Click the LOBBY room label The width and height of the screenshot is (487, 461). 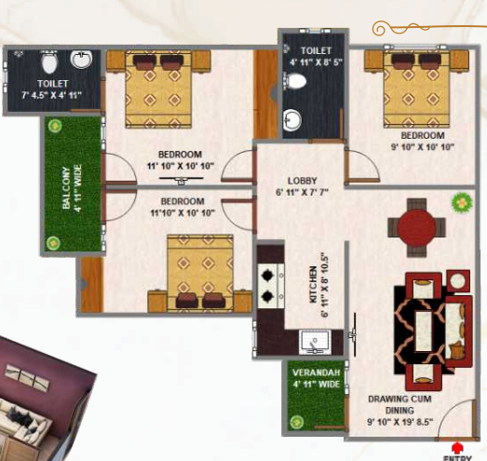point(302,181)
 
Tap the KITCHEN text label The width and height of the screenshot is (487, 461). point(314,284)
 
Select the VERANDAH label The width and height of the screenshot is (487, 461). point(316,373)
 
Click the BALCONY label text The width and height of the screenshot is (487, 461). point(66,188)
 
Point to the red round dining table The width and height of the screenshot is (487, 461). point(416,227)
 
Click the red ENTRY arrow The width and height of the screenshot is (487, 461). point(457,447)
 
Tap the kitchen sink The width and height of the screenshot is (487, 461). point(315,342)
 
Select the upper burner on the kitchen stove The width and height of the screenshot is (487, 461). point(267,275)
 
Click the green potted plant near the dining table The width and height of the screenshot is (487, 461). point(462,203)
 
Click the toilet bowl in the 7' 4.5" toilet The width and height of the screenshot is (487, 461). point(49,62)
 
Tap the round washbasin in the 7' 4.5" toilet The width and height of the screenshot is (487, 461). point(81,59)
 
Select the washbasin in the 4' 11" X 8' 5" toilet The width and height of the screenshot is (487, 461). point(292,120)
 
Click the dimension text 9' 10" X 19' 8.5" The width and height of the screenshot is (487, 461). point(400,422)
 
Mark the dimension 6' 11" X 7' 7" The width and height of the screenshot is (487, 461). point(302,192)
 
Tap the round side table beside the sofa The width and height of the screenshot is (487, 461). point(458,282)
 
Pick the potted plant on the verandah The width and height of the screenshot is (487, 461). point(296,422)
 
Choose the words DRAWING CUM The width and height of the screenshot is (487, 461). point(399,399)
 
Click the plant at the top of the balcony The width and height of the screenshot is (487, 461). point(55,126)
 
